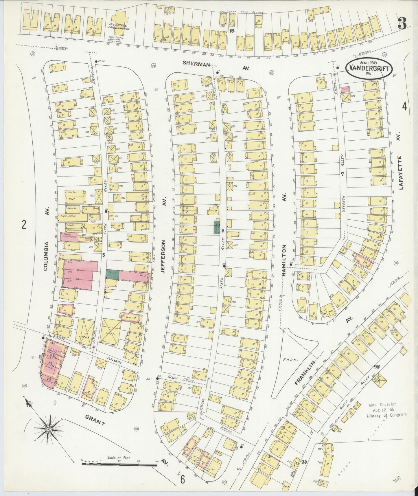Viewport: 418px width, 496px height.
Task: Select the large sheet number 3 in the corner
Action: pyautogui.click(x=402, y=23)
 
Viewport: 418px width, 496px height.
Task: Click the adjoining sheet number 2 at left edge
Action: pyautogui.click(x=24, y=224)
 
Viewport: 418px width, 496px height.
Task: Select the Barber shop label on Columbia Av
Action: pyautogui.click(x=72, y=192)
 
